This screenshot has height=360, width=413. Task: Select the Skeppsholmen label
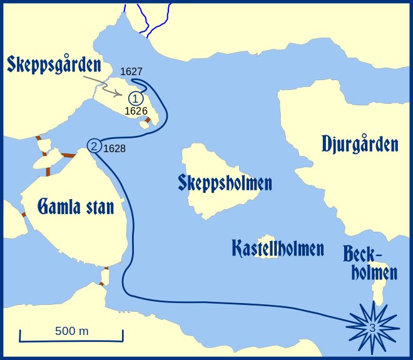225,183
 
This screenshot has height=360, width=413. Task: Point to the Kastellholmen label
277,248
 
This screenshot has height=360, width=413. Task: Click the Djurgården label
360,144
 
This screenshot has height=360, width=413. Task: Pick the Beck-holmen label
370,264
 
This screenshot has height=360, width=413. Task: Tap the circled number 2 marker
94,145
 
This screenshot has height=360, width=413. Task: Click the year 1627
131,72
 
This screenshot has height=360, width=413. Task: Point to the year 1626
136,111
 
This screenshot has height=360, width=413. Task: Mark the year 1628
114,149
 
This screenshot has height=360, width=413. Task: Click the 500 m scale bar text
71,331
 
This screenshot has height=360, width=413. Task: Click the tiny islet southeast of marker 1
145,124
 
